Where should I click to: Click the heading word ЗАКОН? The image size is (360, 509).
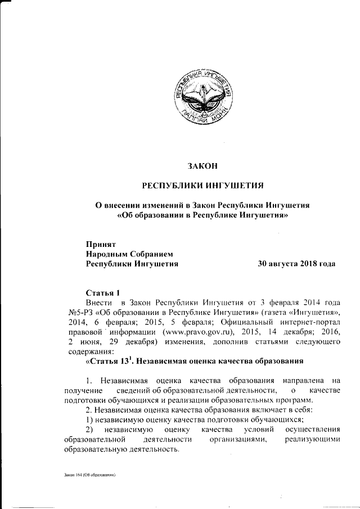[202, 166]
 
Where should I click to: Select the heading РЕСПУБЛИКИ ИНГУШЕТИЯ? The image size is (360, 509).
[202, 186]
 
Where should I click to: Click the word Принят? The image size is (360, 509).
[100, 245]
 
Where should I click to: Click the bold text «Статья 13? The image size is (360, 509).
[107, 361]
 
